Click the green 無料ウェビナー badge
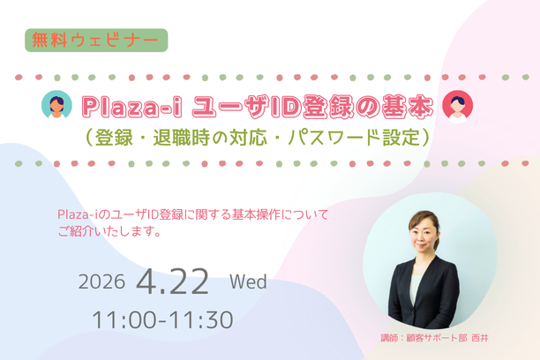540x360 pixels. tap(96, 40)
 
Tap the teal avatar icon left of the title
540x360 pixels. tap(57, 106)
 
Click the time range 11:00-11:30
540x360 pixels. tap(162, 320)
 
